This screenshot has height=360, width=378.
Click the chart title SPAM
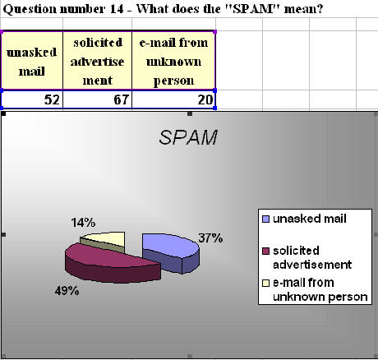(x=188, y=137)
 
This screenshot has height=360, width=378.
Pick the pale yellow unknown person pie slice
(x=103, y=242)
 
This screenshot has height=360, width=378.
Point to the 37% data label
(x=210, y=238)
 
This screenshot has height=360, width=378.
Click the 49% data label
(x=67, y=291)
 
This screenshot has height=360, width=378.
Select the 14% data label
(x=83, y=223)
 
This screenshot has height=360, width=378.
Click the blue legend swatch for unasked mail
(x=265, y=219)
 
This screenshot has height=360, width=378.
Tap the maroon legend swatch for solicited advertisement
(x=265, y=251)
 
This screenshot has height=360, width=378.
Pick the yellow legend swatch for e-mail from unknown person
(x=265, y=283)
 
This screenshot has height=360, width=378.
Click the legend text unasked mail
(x=310, y=219)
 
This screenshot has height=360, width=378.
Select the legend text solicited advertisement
(x=312, y=258)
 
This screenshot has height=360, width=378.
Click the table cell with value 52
(x=32, y=99)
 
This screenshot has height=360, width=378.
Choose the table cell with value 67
(x=98, y=99)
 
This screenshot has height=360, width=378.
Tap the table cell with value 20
(x=173, y=99)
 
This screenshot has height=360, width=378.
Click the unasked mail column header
(x=32, y=61)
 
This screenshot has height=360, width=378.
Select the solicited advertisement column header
(x=98, y=61)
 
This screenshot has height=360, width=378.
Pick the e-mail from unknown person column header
(x=173, y=61)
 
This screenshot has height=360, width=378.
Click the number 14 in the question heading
(x=117, y=9)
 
